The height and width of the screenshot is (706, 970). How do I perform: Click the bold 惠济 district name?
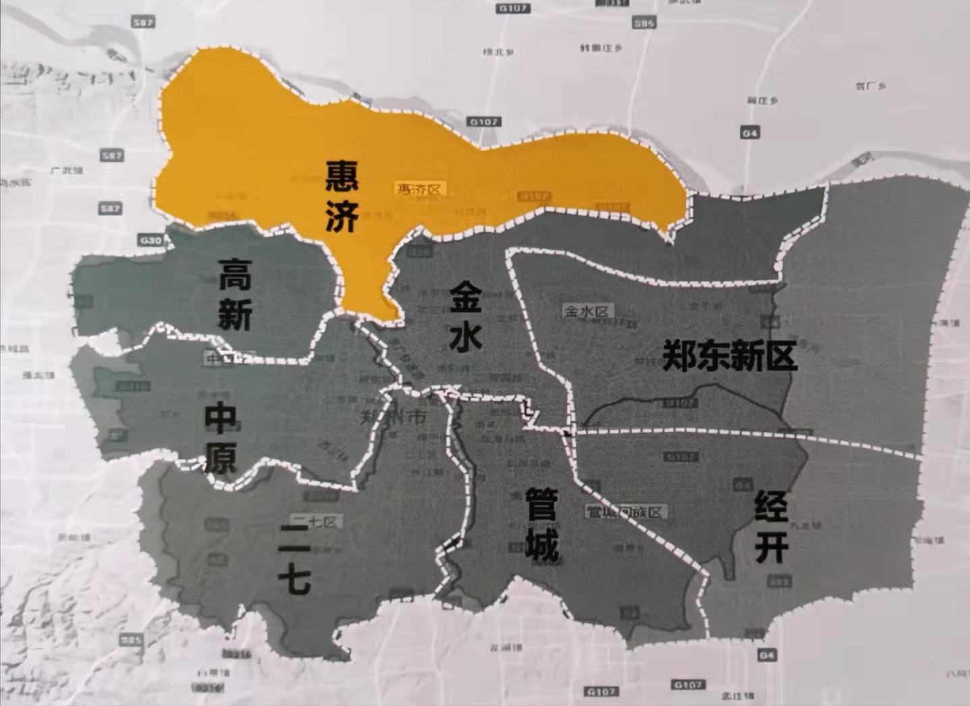point(341,196)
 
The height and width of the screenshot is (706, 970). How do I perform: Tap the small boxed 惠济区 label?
point(419,190)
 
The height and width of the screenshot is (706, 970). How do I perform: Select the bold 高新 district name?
point(235,294)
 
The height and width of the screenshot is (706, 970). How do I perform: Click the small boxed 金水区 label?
point(587,311)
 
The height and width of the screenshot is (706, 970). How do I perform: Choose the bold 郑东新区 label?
point(730,355)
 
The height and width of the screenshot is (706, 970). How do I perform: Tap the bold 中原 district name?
point(220,437)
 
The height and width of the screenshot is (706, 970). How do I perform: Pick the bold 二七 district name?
point(295,560)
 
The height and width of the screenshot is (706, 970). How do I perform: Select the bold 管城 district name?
point(542,524)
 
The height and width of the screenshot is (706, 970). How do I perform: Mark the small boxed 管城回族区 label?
point(626,512)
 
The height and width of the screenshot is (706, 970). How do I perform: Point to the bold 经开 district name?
point(772,526)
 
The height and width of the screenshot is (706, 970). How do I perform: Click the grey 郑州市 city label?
point(394,418)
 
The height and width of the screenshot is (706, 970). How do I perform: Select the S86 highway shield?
point(644,24)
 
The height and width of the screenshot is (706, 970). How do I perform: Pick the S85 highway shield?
point(130,640)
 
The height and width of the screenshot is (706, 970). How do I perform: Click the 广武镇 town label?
point(67,171)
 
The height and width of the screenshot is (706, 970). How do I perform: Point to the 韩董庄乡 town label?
point(601,49)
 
